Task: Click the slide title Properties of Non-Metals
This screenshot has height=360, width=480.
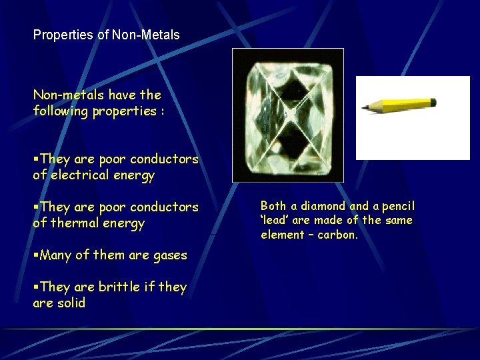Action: (107, 35)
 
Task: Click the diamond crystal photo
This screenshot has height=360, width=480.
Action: (287, 115)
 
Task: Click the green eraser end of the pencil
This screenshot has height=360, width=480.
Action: (433, 103)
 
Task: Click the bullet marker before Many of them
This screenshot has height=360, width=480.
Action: (36, 255)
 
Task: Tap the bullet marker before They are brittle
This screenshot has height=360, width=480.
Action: (36, 287)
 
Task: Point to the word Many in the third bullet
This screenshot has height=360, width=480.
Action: (55, 255)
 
